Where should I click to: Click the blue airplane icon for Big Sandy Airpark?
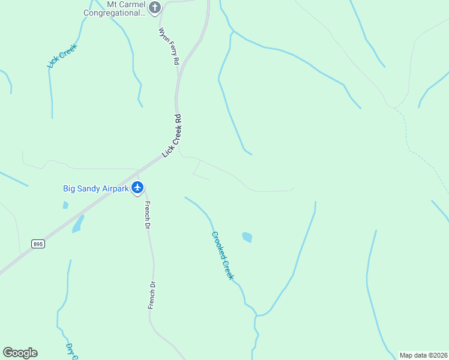(x=138, y=188)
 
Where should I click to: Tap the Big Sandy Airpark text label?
(x=96, y=188)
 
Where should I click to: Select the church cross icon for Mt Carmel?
(x=155, y=8)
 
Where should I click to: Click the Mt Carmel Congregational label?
(x=114, y=8)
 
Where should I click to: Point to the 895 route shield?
(x=38, y=244)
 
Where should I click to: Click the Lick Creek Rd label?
(x=172, y=136)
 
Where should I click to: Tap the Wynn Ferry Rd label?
(x=169, y=46)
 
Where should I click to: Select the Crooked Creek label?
(x=222, y=256)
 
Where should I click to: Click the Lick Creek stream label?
(x=63, y=55)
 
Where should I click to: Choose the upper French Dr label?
(x=146, y=215)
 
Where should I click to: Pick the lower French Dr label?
(x=152, y=295)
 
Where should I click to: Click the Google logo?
(x=20, y=353)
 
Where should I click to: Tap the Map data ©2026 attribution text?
(x=423, y=355)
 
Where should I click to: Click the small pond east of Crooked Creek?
(x=247, y=237)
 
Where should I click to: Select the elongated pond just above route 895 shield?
(x=78, y=224)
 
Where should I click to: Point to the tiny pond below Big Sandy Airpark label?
(x=65, y=205)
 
